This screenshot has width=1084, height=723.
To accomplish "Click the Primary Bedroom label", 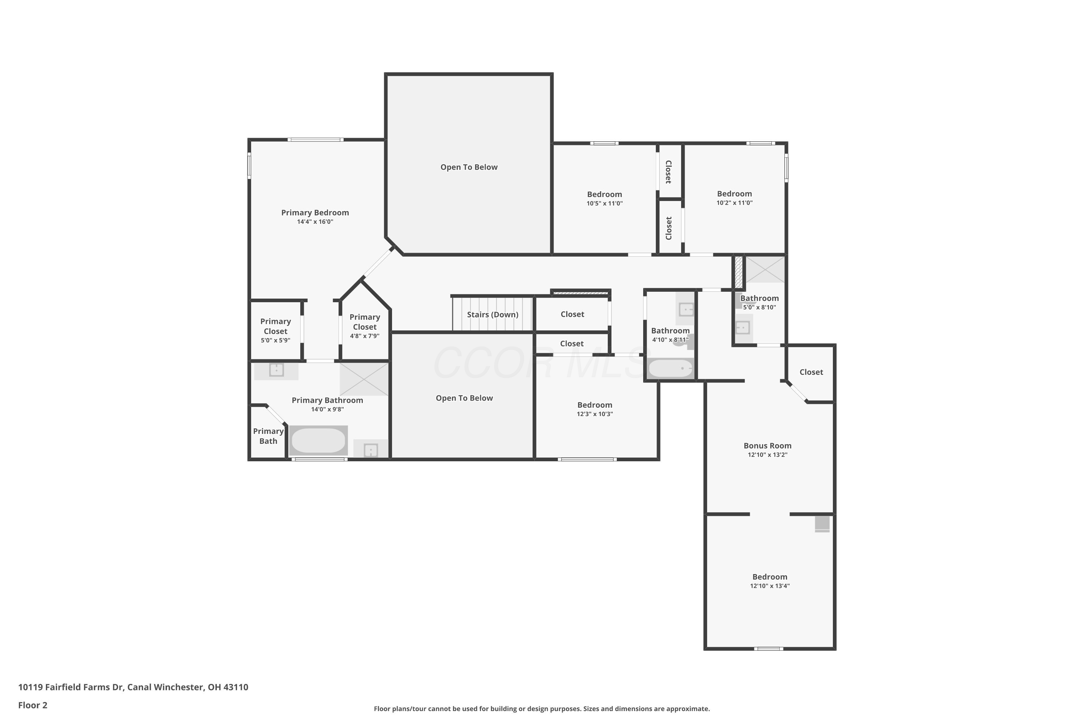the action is (x=315, y=213).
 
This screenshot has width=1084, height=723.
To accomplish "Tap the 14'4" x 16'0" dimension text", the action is (x=315, y=222).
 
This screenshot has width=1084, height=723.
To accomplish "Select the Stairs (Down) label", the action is (x=493, y=315).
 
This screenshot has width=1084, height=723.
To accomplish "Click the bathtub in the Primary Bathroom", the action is (x=318, y=440).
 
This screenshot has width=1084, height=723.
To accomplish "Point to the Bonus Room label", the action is (x=767, y=445).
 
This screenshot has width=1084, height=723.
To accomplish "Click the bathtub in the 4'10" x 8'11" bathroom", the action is (x=671, y=368).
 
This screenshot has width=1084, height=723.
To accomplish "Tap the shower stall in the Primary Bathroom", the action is (x=364, y=379).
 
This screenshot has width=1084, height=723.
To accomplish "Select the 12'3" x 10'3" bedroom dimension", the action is (x=594, y=414).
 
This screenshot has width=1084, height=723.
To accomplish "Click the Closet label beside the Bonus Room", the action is (x=811, y=372).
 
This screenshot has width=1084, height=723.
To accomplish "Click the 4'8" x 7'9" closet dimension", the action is (x=365, y=336).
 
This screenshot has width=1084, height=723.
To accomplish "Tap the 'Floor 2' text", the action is (x=33, y=705).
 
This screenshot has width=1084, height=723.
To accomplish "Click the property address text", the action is (x=133, y=687).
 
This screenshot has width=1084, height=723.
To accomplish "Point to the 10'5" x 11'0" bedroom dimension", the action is (x=604, y=203).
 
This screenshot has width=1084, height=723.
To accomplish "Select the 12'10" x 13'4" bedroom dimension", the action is (x=770, y=586).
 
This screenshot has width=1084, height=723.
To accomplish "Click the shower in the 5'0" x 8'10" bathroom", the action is (x=765, y=269).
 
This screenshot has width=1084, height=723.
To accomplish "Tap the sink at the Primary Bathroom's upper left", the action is (x=276, y=370).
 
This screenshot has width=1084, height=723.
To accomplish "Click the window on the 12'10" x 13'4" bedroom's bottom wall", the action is (x=768, y=649).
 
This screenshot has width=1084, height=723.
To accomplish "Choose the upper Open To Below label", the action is (x=469, y=167).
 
